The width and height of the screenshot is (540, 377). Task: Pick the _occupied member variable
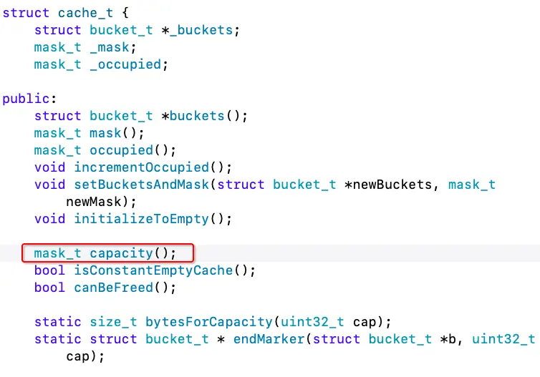click(129, 64)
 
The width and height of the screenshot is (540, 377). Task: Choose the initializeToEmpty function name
click(142, 219)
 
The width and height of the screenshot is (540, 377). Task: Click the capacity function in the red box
click(121, 253)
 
